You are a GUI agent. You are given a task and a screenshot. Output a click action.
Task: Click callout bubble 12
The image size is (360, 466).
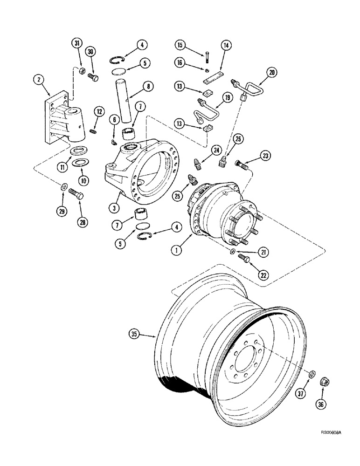[98, 111]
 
